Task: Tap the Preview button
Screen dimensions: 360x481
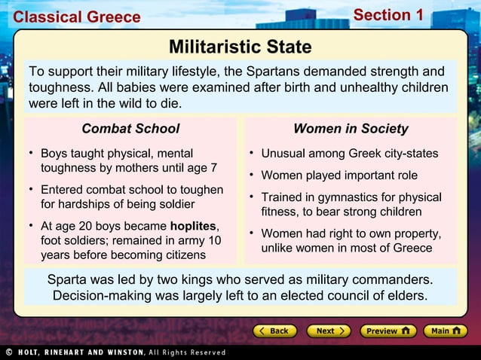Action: pos(386,331)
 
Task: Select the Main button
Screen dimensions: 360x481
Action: pos(445,331)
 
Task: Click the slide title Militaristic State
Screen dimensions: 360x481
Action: pos(240,47)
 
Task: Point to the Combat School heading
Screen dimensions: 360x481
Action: pos(130,129)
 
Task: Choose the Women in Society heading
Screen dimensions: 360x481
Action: pos(351,129)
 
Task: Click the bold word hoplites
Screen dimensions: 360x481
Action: pos(193,226)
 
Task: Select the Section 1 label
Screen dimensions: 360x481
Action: pos(388,15)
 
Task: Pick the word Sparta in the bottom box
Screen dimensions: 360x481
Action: pos(69,279)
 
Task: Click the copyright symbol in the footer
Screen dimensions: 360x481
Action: pos(8,352)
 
